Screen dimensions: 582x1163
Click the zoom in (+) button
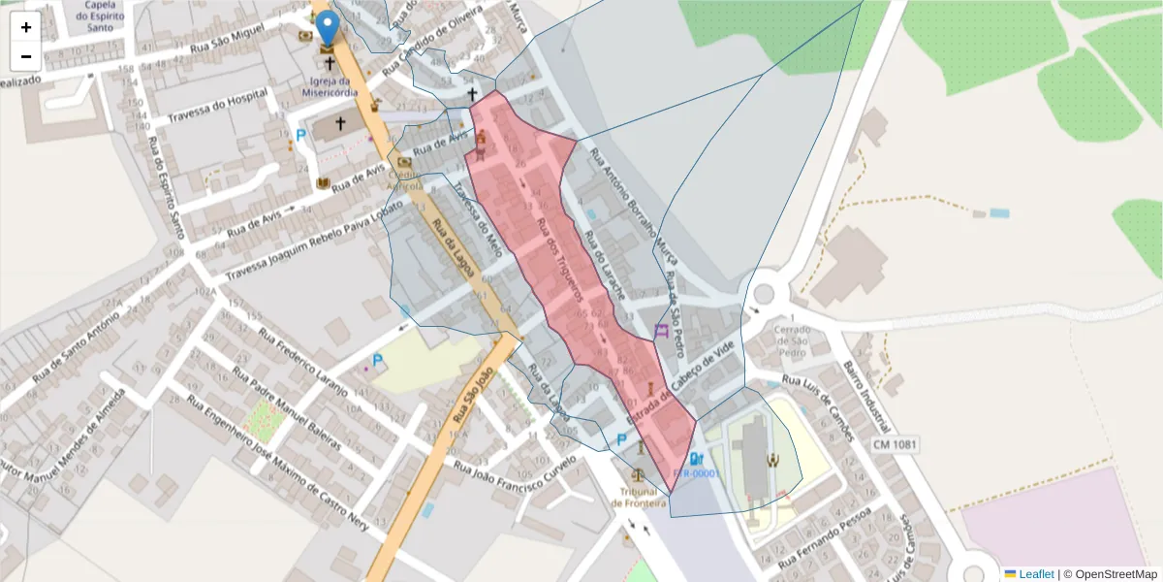pos(26,27)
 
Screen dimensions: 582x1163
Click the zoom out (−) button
pos(26,56)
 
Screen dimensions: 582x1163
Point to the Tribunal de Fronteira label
pos(639,498)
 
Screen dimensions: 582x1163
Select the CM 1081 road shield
pos(895,444)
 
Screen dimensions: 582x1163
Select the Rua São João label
pos(473,407)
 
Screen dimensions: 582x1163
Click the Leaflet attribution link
pos(1035,574)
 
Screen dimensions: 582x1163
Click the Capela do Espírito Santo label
pos(101,16)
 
